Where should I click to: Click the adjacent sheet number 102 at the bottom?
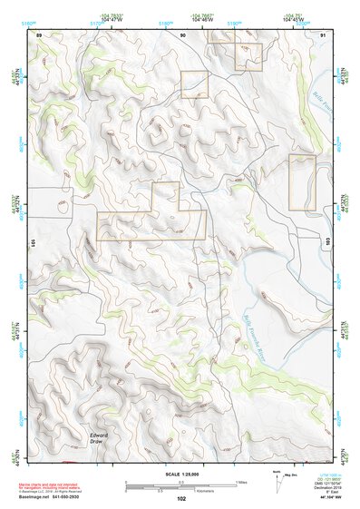(181, 499)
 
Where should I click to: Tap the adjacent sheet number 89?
(39, 34)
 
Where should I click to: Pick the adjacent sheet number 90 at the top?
(182, 34)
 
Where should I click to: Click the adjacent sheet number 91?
(324, 34)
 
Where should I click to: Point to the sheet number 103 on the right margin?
(327, 243)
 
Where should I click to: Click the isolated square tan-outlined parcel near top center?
(194, 84)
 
